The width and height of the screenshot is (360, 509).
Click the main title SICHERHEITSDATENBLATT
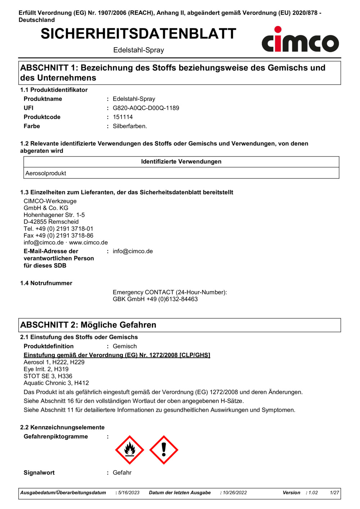[x=138, y=34]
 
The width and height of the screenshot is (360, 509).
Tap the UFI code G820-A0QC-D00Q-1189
[x=146, y=108]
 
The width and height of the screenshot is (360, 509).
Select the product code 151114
[x=123, y=117]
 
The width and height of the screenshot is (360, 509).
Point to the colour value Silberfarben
[x=130, y=126]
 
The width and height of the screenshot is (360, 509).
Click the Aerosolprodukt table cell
[x=46, y=173]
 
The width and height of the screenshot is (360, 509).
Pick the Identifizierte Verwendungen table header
[x=181, y=162]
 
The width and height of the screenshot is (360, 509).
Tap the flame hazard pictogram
[x=130, y=450]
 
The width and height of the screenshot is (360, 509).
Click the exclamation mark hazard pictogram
[x=164, y=450]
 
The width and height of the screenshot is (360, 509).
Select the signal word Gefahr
[x=122, y=473]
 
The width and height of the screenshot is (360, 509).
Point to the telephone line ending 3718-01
[x=58, y=229]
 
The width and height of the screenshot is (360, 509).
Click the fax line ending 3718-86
[x=58, y=236]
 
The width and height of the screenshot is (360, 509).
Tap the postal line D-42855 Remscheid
[x=51, y=222]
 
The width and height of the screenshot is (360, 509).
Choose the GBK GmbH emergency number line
[x=155, y=299]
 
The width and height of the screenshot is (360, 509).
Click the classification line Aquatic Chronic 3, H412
[x=56, y=383]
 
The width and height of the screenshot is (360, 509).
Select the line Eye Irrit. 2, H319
[x=46, y=369]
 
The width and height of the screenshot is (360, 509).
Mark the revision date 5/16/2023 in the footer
[x=129, y=493]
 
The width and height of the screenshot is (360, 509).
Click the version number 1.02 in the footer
[x=313, y=493]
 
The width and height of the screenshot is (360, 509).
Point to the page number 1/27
[x=334, y=493]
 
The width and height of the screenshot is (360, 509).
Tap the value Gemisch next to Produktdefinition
[x=125, y=346]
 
